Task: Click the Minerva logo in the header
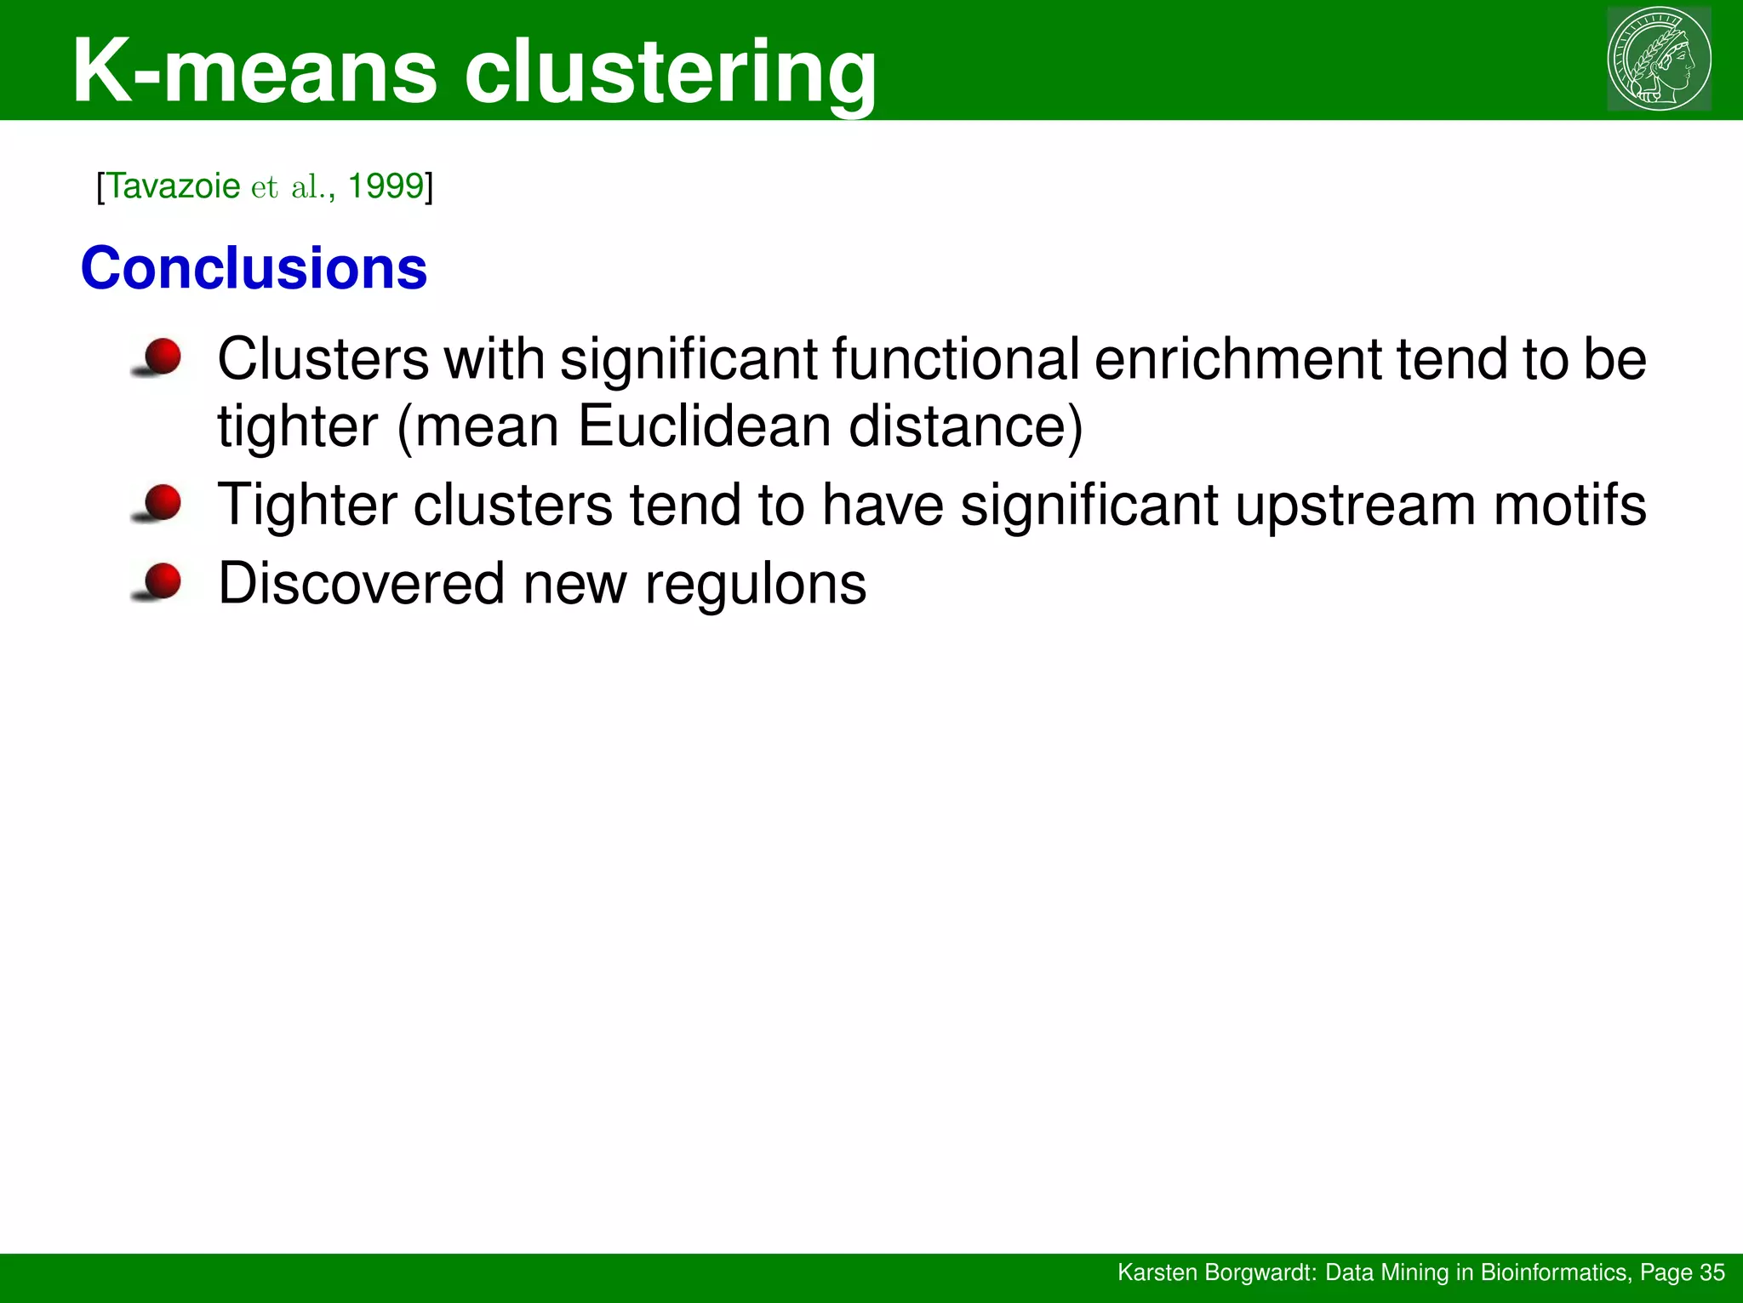[x=1659, y=60]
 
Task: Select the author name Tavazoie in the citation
[x=174, y=186]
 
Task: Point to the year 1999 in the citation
[x=386, y=186]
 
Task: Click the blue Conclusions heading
[x=254, y=268]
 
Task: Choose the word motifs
[x=1570, y=505]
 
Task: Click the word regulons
[x=756, y=585]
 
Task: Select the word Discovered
[x=361, y=584]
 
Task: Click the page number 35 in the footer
[x=1712, y=1272]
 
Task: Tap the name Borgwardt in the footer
[x=1262, y=1272]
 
